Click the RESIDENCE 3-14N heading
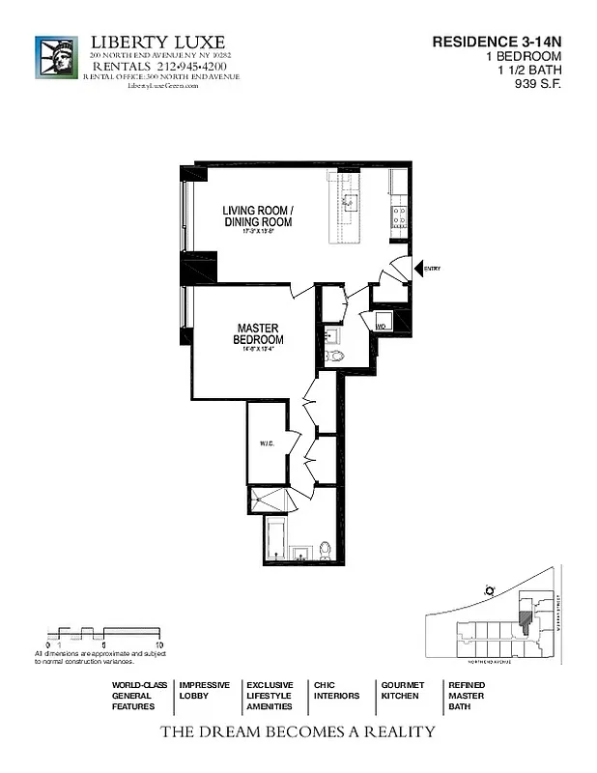[496, 43]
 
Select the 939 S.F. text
[539, 83]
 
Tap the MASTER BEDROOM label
[258, 334]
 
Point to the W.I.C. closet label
[266, 444]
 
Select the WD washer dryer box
[382, 325]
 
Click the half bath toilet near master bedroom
[334, 357]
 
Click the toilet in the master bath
[326, 551]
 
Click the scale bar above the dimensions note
[103, 634]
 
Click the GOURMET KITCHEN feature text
[402, 690]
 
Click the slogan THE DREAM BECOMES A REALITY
[298, 731]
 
